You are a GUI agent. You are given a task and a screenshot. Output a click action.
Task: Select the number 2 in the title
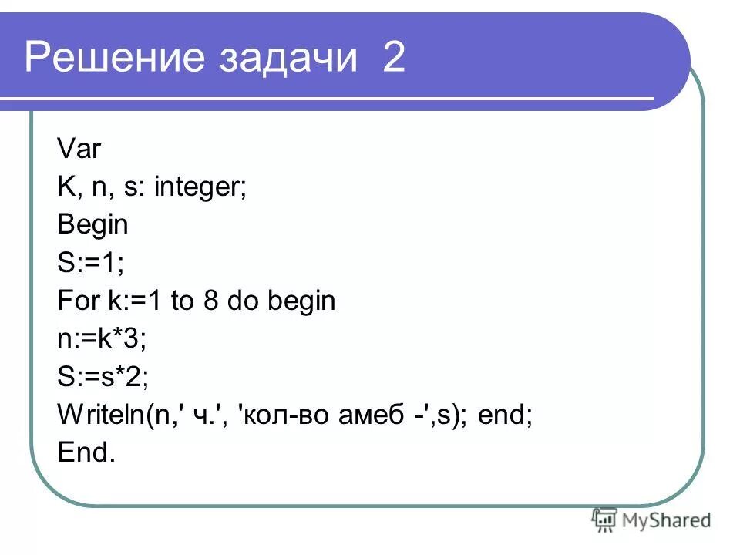(392, 59)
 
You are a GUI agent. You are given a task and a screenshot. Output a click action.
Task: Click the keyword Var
(79, 148)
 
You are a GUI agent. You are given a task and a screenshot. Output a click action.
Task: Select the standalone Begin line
(92, 225)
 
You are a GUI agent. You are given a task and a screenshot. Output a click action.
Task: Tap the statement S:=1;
(90, 263)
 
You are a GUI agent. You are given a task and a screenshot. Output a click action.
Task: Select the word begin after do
(301, 301)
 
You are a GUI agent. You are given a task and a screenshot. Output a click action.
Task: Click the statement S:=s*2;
(103, 377)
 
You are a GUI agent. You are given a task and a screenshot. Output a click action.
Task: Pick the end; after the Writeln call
(505, 415)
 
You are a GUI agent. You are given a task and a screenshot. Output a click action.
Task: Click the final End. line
(86, 453)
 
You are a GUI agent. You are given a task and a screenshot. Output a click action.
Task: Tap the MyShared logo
(651, 520)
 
